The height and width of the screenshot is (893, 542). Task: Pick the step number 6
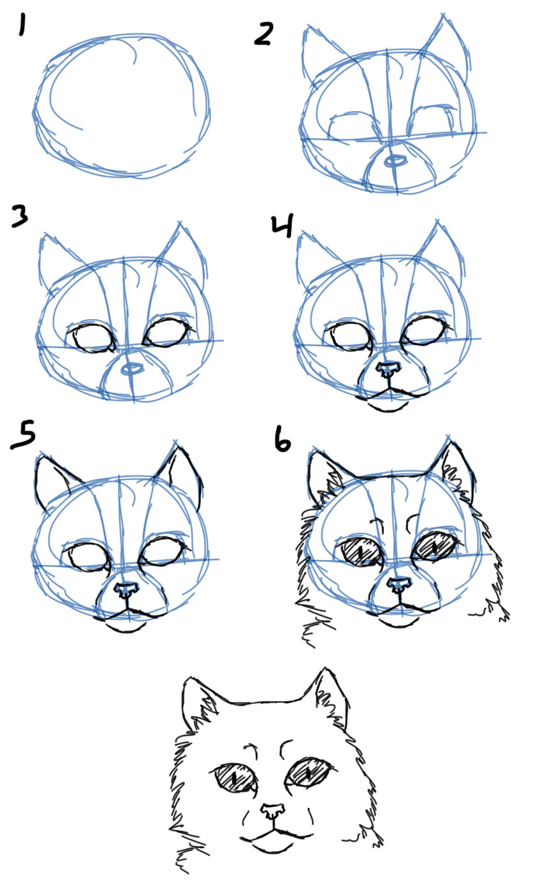tap(281, 439)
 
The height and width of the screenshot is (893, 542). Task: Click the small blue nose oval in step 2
tap(395, 161)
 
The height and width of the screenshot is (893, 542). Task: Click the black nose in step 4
tap(388, 369)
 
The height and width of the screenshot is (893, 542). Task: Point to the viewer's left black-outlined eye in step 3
tap(91, 337)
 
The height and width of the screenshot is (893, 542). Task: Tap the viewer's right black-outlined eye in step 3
tap(168, 332)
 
